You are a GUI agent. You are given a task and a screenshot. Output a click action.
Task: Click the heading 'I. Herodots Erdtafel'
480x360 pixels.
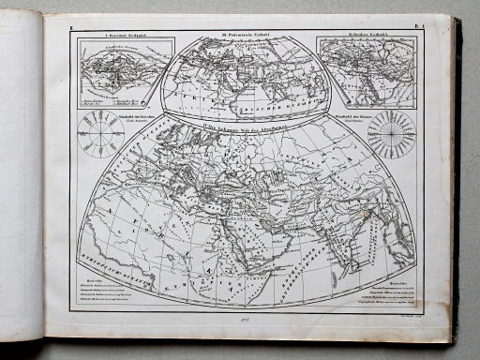pyautogui.click(x=115, y=35)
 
